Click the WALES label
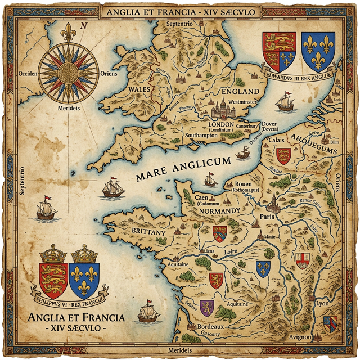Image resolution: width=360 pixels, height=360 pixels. pyautogui.click(x=138, y=89)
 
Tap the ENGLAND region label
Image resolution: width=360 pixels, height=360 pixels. pyautogui.click(x=241, y=91)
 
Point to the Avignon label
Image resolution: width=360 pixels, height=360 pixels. pyautogui.click(x=300, y=337)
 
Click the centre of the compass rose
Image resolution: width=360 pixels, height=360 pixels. pyautogui.click(x=69, y=73)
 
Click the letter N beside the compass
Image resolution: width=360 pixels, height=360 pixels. pyautogui.click(x=84, y=25)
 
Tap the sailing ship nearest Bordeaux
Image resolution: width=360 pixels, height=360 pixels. pyautogui.click(x=148, y=312)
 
